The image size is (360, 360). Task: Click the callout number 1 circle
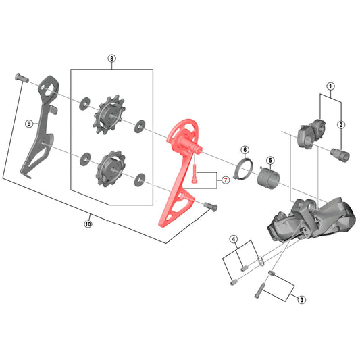330,86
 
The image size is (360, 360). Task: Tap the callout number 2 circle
341,125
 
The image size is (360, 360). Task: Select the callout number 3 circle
302,300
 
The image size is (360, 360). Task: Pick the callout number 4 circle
234,240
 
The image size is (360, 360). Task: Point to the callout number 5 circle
270,160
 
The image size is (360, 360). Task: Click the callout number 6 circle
245,150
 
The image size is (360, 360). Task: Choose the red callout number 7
226,180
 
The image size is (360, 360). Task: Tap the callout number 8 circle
111,59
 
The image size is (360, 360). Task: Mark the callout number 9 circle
28,124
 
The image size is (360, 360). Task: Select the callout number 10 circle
88,224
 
